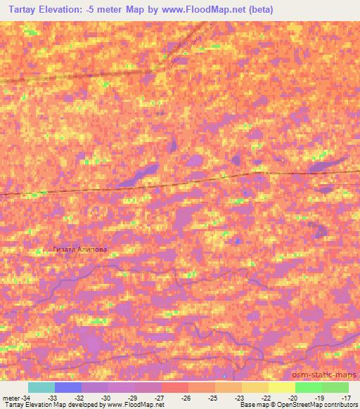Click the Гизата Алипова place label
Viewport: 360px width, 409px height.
tap(82, 249)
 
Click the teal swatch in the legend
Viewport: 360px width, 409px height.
tap(41, 387)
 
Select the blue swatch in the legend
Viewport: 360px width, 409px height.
tap(68, 387)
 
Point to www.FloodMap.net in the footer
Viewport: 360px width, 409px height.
tap(136, 405)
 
